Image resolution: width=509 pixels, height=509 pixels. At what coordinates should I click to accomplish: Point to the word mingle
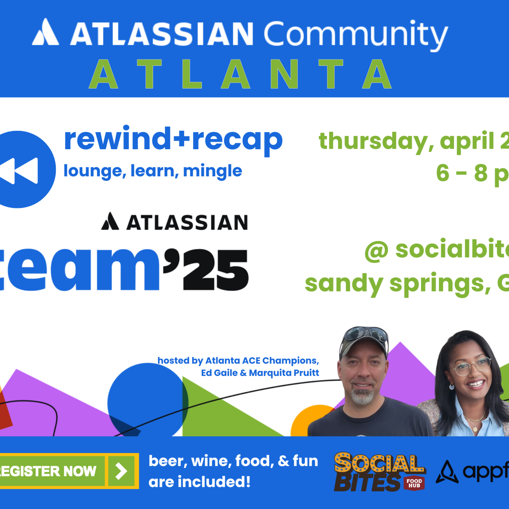coord(212,171)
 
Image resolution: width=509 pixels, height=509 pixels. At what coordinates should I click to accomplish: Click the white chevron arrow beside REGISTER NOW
coord(121,471)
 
